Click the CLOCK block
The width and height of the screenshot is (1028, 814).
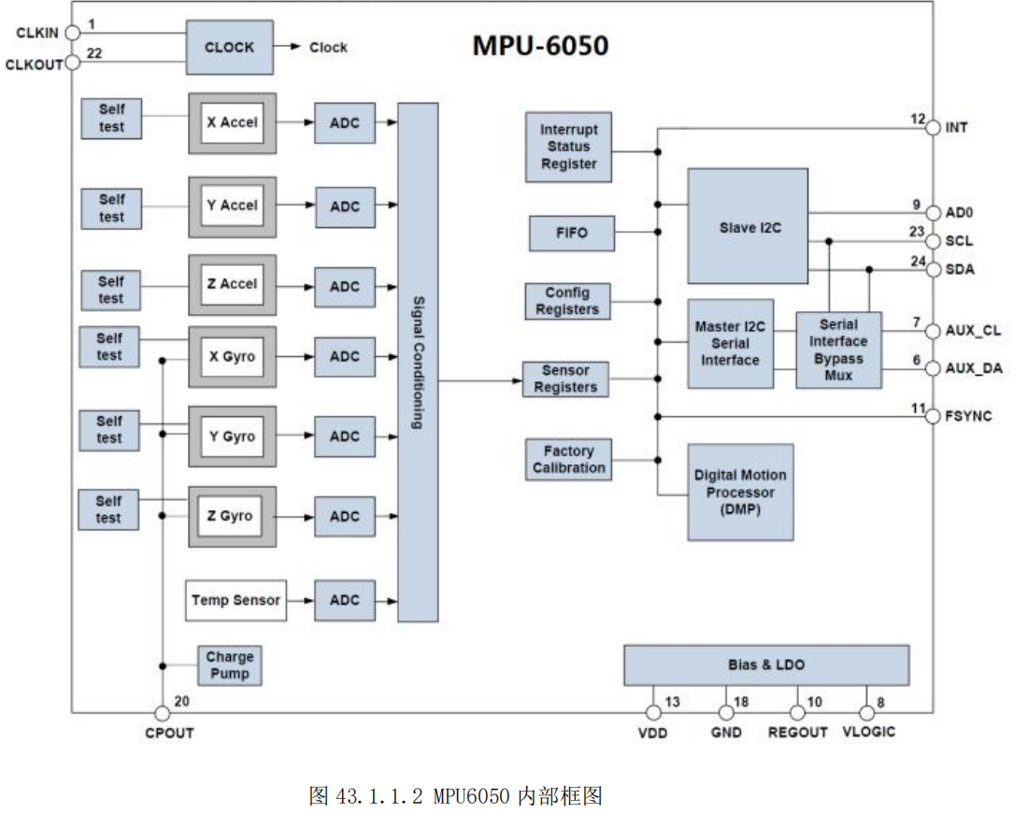229,48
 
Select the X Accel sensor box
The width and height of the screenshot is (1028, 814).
232,122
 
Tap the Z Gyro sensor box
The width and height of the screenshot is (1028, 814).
232,516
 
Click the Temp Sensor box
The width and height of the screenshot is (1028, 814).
236,600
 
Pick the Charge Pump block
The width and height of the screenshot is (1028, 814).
229,664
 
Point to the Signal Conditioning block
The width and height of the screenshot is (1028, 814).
418,363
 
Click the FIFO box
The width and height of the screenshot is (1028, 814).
572,233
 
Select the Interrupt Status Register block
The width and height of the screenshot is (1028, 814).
568,147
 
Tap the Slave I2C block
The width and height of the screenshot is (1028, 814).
748,226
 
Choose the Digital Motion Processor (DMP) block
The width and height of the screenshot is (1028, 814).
740,492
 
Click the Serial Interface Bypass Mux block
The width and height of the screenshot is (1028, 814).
838,350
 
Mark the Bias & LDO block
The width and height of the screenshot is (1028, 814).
765,665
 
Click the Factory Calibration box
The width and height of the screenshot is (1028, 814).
569,460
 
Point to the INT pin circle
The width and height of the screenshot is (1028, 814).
932,127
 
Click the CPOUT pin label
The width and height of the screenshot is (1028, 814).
169,733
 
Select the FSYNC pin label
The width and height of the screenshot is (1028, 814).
968,416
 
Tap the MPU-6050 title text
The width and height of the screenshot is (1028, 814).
539,46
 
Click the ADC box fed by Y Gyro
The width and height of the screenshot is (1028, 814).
344,436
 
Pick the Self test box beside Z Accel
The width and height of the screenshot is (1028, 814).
111,290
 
